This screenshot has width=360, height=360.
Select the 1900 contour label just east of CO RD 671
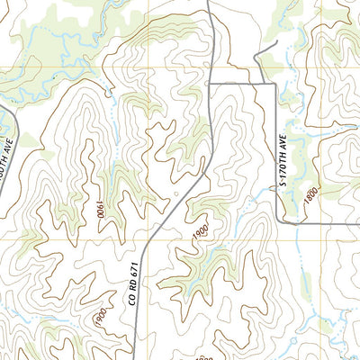pos(199,231)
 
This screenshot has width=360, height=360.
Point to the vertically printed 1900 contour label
pos(98,212)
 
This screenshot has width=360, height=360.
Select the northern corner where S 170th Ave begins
pos(274,84)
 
